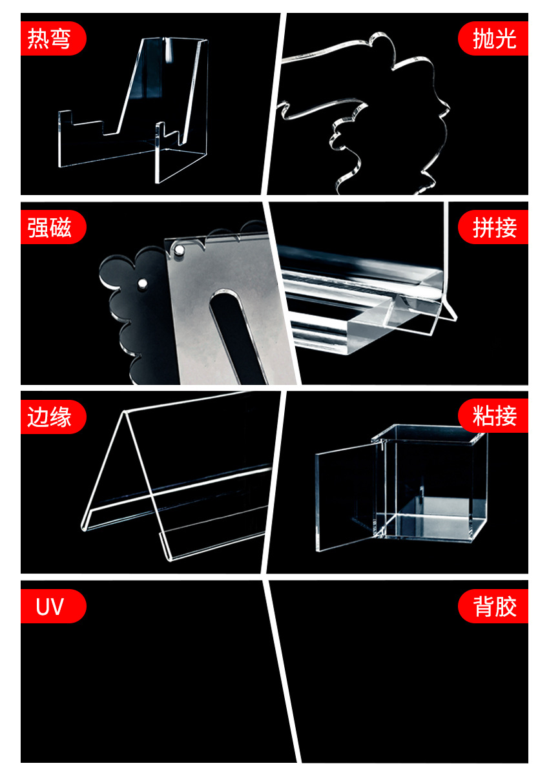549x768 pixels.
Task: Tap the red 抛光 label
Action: (494, 39)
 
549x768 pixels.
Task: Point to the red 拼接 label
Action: (494, 227)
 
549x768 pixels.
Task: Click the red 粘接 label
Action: (494, 417)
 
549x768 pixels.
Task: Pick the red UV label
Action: (52, 607)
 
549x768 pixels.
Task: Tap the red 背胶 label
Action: (494, 607)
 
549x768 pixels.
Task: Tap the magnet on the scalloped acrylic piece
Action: (143, 282)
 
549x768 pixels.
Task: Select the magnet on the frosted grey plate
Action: (179, 248)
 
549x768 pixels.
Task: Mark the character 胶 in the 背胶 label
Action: (506, 607)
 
